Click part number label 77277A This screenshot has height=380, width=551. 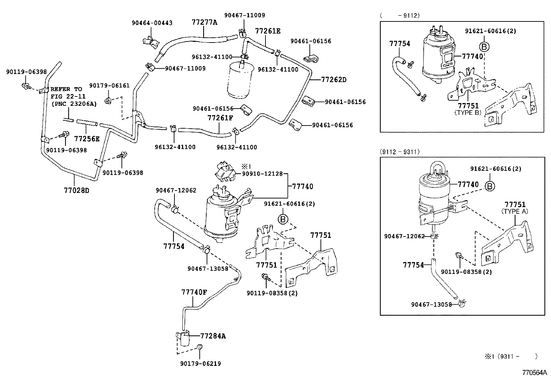pos(205,22)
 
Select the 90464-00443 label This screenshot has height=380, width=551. pos(152,23)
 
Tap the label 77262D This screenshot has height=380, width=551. pos(334,80)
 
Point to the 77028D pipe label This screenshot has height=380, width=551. pos(76,191)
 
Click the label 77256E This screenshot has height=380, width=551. pos(87,139)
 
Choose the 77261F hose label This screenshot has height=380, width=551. pos(220,118)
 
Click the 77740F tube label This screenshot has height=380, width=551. pos(194,292)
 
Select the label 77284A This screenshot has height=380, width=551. pos(213,336)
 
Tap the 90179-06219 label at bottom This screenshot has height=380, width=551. pos(200,363)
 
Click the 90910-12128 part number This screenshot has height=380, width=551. pos(262,174)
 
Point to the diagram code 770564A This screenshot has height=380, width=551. pos(534,373)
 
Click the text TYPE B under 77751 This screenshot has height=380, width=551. pos(468,112)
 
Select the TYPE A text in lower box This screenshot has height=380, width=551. pos(515,211)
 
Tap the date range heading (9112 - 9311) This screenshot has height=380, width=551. pos(400,151)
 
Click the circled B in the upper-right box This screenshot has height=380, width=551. pos(485,47)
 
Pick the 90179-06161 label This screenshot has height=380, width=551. pos(109,85)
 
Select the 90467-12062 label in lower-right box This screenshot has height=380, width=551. pos(404,236)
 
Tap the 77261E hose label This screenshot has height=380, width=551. pos(268,31)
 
